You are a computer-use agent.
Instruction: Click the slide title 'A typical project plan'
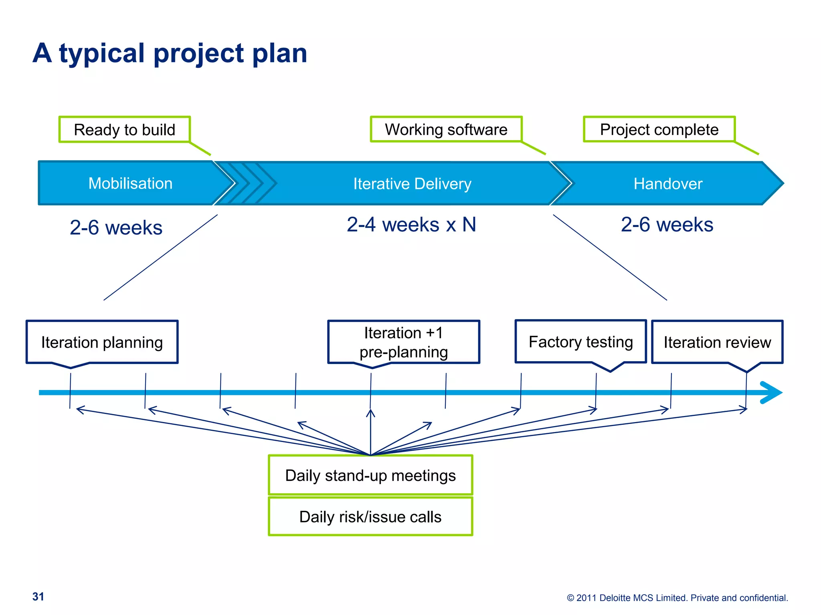pyautogui.click(x=170, y=53)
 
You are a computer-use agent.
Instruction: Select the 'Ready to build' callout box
pyautogui.click(x=124, y=130)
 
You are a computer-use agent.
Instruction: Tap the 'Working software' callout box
pyautogui.click(x=446, y=129)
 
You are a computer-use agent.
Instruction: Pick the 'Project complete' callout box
pyautogui.click(x=659, y=129)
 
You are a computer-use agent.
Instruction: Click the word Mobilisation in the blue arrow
pyautogui.click(x=130, y=183)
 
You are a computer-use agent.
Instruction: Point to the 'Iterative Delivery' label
pyautogui.click(x=412, y=184)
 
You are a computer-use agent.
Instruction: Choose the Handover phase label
pyautogui.click(x=667, y=184)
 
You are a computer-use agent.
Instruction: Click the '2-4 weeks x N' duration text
pyautogui.click(x=411, y=225)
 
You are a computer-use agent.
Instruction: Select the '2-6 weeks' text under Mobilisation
pyautogui.click(x=116, y=227)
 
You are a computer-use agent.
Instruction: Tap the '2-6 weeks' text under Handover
pyautogui.click(x=667, y=225)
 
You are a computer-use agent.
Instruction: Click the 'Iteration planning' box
pyautogui.click(x=102, y=342)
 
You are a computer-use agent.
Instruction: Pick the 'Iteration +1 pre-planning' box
pyautogui.click(x=403, y=342)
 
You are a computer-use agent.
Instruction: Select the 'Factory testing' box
pyautogui.click(x=580, y=342)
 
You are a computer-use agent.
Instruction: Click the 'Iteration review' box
pyautogui.click(x=717, y=342)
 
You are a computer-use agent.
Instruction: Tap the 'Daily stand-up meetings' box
pyautogui.click(x=370, y=475)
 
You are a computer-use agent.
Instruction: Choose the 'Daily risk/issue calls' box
pyautogui.click(x=370, y=517)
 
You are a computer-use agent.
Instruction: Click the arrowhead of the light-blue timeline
pyautogui.click(x=772, y=392)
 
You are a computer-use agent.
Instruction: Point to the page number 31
pyautogui.click(x=38, y=597)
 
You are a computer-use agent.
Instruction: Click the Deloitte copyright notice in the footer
pyautogui.click(x=677, y=598)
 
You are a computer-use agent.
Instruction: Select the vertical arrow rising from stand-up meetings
pyautogui.click(x=370, y=432)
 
